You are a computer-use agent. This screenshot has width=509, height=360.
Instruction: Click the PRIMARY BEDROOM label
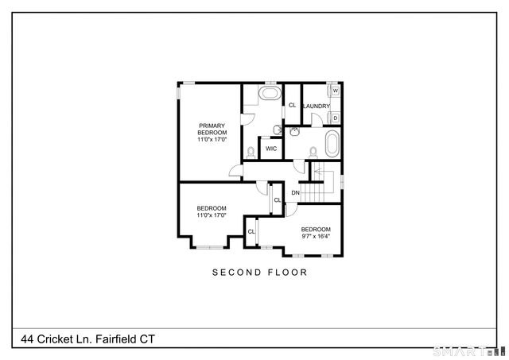212,132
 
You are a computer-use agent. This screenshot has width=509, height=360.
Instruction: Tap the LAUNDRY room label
316,106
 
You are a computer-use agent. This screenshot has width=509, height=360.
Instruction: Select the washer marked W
336,91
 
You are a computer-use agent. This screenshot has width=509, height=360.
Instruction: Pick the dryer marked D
336,118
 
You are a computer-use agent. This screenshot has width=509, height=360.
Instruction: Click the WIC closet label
271,149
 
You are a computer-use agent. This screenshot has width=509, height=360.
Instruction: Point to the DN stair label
295,193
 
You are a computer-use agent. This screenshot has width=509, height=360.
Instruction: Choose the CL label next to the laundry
292,105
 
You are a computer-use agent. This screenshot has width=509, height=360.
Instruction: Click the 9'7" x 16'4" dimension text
317,236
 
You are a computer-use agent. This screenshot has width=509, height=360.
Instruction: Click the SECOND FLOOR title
259,272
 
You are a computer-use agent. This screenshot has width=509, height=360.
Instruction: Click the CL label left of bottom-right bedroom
251,231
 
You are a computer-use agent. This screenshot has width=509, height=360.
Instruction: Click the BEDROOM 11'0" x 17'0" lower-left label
212,211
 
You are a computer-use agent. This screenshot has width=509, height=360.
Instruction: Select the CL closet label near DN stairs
277,199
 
